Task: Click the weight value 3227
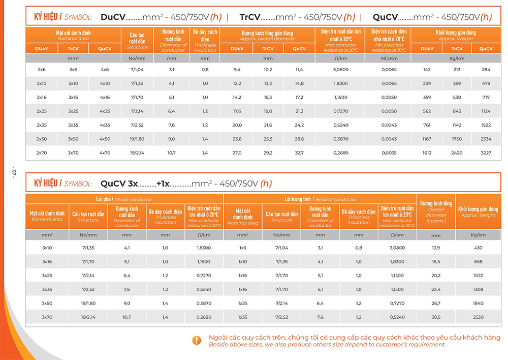coord(486,152)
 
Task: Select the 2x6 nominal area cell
coord(42,69)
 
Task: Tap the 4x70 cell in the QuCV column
coord(105,152)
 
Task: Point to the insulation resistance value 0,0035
coord(389,152)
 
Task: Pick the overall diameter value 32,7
coord(299,152)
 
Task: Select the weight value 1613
coord(427,152)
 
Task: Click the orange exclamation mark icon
coord(197,340)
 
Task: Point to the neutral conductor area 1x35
coord(242,316)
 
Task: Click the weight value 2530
coord(478,316)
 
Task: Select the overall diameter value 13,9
coord(436,248)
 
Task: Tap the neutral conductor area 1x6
coord(242,248)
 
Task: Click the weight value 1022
coord(478,275)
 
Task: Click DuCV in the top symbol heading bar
coord(113,17)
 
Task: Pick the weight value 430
coord(478,248)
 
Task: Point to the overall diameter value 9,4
coord(237,69)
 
